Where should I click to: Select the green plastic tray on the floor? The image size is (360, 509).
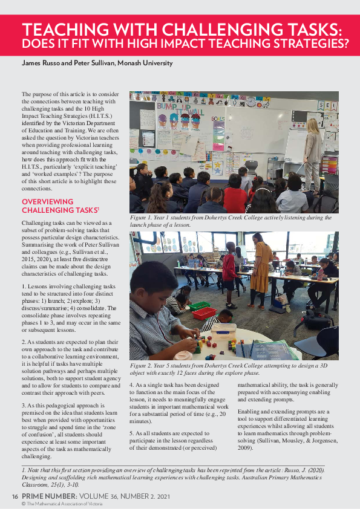tap(199, 306)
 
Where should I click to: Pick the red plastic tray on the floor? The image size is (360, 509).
tap(205, 313)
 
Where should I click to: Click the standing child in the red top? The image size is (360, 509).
tap(229, 271)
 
